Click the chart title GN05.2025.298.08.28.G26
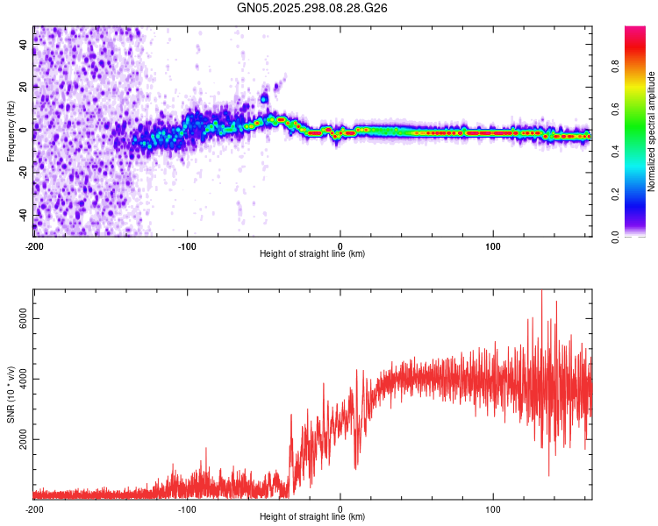(313, 8)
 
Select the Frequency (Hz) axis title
(11, 131)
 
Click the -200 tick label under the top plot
(34, 245)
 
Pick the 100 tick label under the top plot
(493, 245)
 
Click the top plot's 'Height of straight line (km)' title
(312, 254)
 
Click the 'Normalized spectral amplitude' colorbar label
(652, 131)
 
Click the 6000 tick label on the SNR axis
(19, 320)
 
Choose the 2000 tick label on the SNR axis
(19, 440)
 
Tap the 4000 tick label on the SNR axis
(19, 380)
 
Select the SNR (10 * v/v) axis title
(11, 394)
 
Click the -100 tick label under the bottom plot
(187, 509)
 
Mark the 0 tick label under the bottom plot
(340, 509)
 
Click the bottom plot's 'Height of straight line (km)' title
(312, 517)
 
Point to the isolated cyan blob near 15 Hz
(264, 99)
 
